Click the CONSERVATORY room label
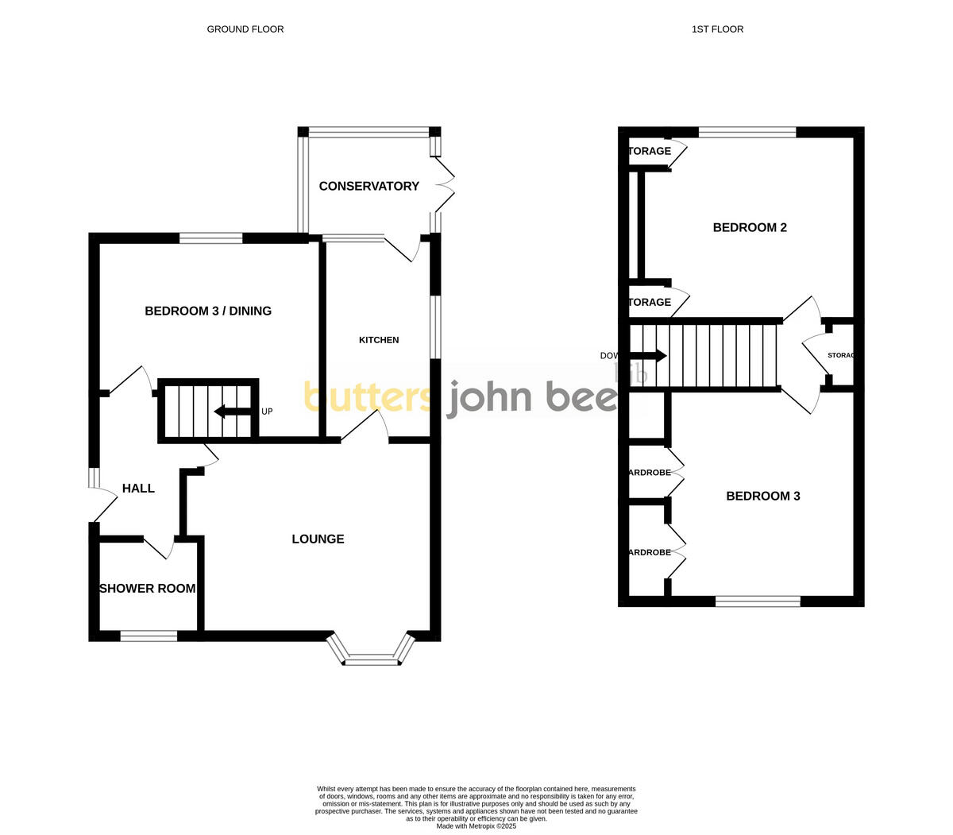[368, 186]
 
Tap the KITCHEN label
[379, 340]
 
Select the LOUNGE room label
[318, 539]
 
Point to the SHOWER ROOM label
[147, 589]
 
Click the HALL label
[138, 489]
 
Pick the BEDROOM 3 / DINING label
[208, 311]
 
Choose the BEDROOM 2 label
[750, 228]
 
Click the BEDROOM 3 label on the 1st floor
[763, 497]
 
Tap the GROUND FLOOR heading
[245, 29]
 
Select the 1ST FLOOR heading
[717, 29]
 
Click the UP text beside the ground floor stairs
[267, 412]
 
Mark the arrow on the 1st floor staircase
[648, 356]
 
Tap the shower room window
[149, 636]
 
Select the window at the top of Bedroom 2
[747, 132]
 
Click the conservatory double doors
[442, 184]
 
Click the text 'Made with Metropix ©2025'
[476, 826]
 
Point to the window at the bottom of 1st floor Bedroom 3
[758, 601]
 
